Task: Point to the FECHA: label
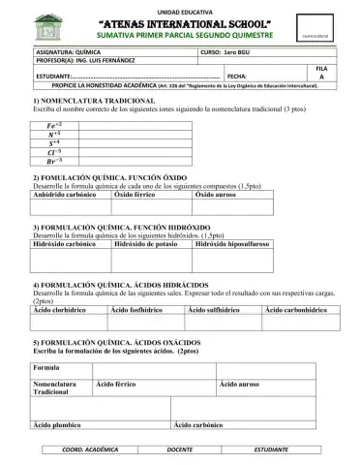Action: (x=238, y=75)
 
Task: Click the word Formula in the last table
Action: (x=47, y=369)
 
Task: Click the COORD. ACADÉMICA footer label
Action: (x=90, y=450)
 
